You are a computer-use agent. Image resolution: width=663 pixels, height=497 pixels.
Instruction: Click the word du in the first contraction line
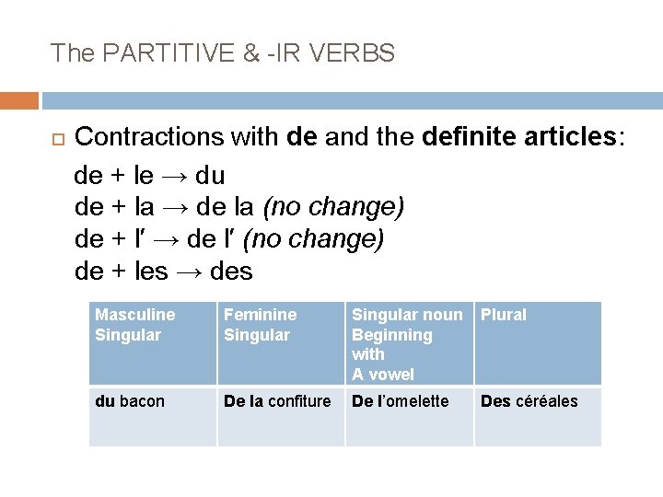tap(211, 175)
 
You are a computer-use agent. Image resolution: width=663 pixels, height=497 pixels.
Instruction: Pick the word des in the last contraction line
tap(231, 272)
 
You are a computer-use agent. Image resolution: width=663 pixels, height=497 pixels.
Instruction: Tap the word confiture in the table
tap(299, 401)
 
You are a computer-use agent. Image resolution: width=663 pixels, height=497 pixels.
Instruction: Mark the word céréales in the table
tap(547, 401)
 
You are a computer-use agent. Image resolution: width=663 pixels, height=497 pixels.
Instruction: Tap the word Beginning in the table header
tap(392, 335)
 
